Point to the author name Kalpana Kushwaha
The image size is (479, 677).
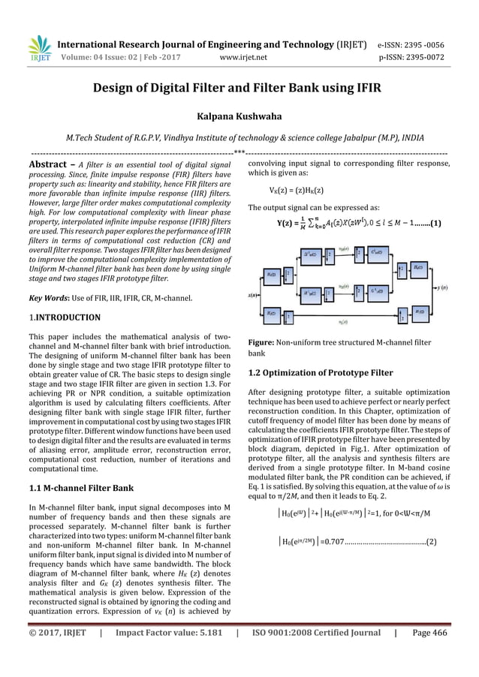(x=239, y=118)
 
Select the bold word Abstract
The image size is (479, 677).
(x=51, y=164)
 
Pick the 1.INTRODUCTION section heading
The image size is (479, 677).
(x=62, y=317)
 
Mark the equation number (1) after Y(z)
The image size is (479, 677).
(x=435, y=223)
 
